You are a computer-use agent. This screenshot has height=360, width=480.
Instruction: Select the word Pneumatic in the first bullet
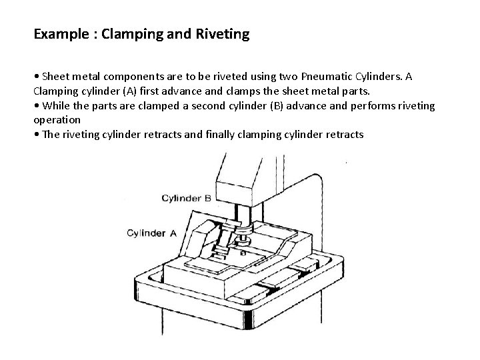click(331, 77)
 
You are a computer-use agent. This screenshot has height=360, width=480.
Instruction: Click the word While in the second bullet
click(55, 105)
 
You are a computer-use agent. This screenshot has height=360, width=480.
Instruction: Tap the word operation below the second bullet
click(57, 120)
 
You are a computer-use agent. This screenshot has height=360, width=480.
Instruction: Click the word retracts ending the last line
click(342, 134)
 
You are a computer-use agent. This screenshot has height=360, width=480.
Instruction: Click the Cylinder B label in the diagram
click(187, 198)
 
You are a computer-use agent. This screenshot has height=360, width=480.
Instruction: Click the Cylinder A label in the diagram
click(152, 233)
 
